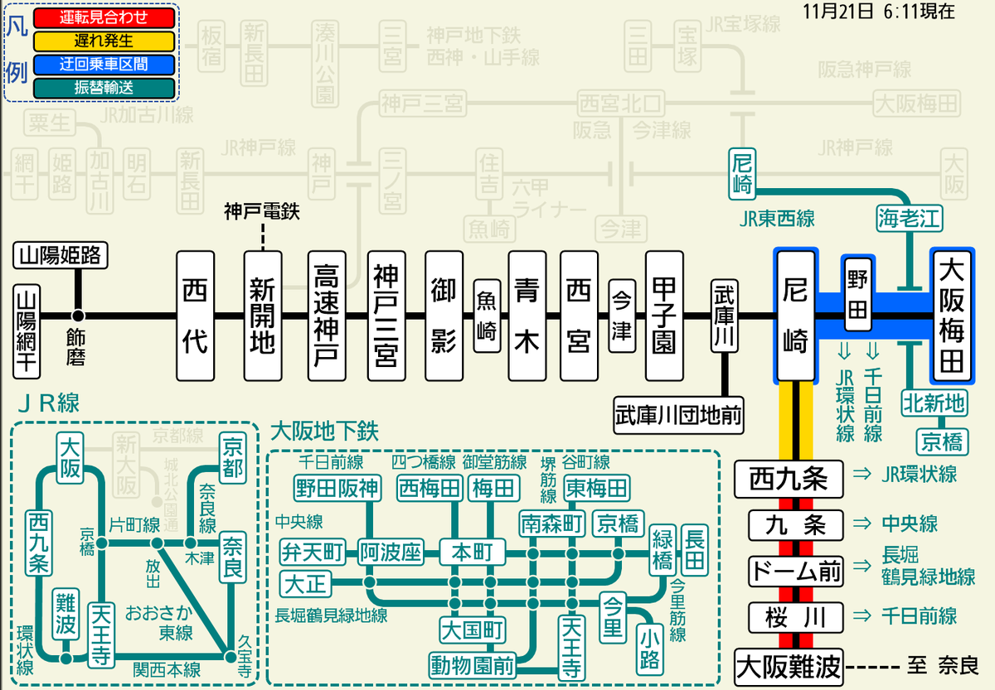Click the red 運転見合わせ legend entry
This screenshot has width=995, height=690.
104,17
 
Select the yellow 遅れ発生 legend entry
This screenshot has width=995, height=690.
104,41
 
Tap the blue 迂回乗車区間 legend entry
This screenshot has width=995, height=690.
104,64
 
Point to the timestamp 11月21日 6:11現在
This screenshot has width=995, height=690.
878,12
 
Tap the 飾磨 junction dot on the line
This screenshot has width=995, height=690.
78,316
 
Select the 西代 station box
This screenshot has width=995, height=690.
195,316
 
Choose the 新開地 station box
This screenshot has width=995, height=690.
262,316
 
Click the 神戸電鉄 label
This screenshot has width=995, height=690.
261,212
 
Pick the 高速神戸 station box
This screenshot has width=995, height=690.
325,316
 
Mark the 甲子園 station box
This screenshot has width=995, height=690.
663,316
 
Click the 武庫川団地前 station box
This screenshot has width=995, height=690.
678,410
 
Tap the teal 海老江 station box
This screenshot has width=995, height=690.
909,219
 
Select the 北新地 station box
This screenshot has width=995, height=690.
934,403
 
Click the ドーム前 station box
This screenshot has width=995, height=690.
795,571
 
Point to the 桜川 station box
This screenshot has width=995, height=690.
795,617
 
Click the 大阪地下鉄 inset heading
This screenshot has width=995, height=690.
324,432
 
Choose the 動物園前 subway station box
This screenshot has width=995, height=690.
471,664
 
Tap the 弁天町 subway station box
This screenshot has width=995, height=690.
313,550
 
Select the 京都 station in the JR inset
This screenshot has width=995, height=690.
233,456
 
